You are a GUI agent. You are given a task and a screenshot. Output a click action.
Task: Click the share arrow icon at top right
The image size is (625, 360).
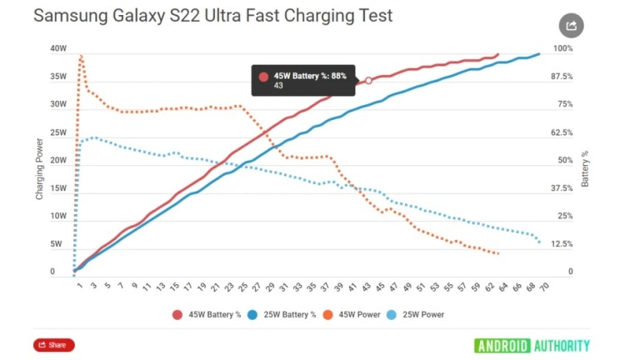pyautogui.click(x=571, y=26)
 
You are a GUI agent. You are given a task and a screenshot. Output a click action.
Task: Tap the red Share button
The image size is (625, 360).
pyautogui.click(x=54, y=345)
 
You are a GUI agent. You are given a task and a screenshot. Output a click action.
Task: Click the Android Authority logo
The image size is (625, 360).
pyautogui.click(x=532, y=345)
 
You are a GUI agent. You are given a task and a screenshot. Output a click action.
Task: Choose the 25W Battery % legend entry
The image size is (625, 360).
pyautogui.click(x=280, y=314)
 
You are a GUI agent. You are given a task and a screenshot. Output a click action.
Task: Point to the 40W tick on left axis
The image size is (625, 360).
pyautogui.click(x=57, y=49)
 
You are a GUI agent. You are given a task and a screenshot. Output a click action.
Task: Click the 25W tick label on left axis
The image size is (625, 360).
pyautogui.click(x=57, y=133)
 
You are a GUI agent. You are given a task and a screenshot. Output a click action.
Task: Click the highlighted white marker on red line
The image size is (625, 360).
pyautogui.click(x=368, y=81)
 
